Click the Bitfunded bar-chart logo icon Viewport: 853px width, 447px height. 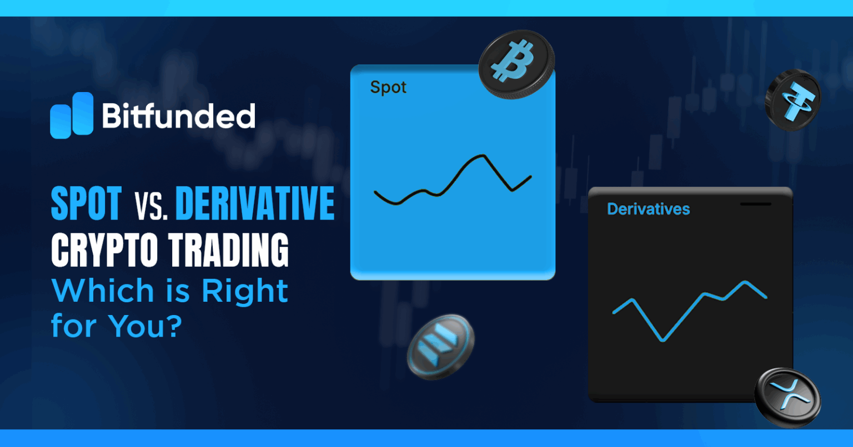(72, 115)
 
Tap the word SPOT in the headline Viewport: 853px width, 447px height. (86, 204)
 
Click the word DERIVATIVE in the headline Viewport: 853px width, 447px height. (255, 204)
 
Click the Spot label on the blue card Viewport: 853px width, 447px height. (388, 87)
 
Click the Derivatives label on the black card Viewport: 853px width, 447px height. (648, 209)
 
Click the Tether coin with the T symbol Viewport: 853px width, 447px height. (792, 100)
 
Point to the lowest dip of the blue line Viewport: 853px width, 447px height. (663, 340)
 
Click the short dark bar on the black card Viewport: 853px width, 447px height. (756, 204)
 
